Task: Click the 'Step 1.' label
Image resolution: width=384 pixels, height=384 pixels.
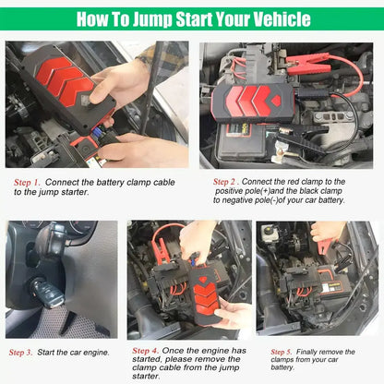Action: [x=27, y=182]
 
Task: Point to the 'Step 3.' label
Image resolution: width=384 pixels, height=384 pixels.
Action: [x=21, y=352]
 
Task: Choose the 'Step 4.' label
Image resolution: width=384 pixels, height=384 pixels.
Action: [x=145, y=351]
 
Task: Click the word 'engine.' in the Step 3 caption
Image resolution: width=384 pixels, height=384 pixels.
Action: [x=95, y=352]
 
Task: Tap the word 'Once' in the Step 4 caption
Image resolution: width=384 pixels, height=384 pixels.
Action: [x=174, y=351]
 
